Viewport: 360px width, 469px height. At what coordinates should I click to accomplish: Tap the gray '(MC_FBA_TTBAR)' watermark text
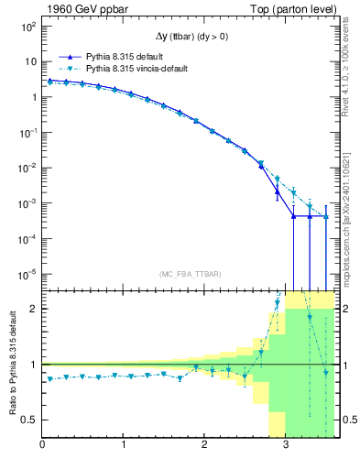[189, 274]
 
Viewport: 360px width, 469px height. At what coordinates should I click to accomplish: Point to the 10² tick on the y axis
[28, 27]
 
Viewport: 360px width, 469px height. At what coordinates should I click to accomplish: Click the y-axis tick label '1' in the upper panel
[33, 97]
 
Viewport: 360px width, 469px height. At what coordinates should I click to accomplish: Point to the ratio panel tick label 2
[34, 309]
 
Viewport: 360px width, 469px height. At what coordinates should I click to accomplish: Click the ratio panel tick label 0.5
[30, 420]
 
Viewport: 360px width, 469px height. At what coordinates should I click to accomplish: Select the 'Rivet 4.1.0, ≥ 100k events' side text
[350, 73]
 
